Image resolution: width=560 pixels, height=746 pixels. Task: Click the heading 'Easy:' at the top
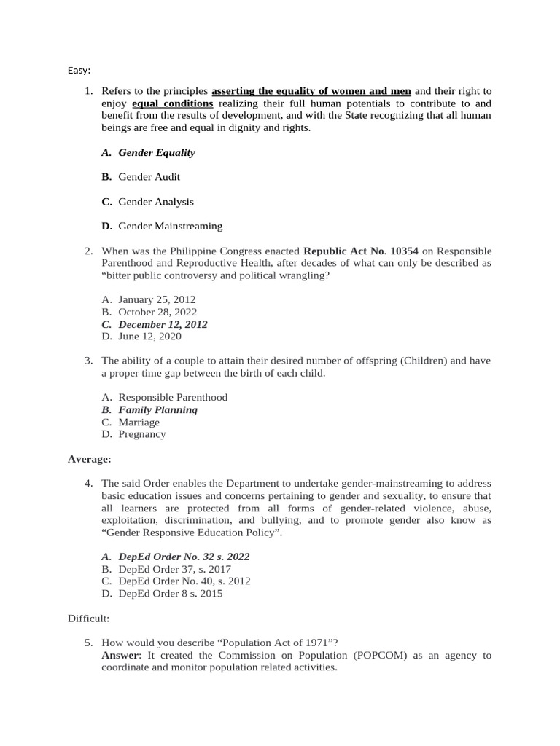pyautogui.click(x=79, y=70)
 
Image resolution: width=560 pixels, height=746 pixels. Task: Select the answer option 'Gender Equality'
pyautogui.click(x=157, y=152)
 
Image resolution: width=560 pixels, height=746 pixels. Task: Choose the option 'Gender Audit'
pyautogui.click(x=149, y=177)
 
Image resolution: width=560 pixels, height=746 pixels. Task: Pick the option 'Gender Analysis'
pyautogui.click(x=156, y=202)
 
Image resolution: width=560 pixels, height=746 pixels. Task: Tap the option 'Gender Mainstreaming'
pyautogui.click(x=171, y=227)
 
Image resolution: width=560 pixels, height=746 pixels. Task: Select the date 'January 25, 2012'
pyautogui.click(x=157, y=299)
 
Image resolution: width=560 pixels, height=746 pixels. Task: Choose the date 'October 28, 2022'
pyautogui.click(x=157, y=312)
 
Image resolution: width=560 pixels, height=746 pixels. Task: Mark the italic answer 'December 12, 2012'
pyautogui.click(x=163, y=324)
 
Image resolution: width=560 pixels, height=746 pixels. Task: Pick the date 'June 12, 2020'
pyautogui.click(x=150, y=337)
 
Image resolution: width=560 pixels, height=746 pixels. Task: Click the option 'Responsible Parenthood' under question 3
pyautogui.click(x=173, y=397)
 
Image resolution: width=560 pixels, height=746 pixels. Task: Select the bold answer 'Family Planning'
pyautogui.click(x=157, y=409)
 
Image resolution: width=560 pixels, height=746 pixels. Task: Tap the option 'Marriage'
pyautogui.click(x=139, y=422)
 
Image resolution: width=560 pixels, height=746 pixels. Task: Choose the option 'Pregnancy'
pyautogui.click(x=141, y=434)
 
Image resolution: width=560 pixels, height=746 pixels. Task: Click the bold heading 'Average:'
pyautogui.click(x=90, y=459)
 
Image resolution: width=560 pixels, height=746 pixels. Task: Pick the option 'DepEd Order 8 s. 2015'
pyautogui.click(x=171, y=594)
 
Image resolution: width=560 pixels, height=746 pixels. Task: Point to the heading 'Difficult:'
pyautogui.click(x=89, y=619)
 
